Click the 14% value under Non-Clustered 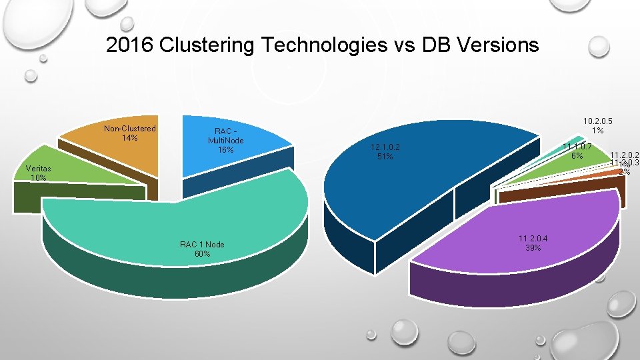(x=130, y=138)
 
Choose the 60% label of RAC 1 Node (x=202, y=254)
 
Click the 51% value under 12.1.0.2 (x=385, y=157)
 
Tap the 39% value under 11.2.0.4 (x=533, y=248)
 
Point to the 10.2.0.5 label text (x=597, y=121)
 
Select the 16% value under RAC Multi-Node (x=225, y=150)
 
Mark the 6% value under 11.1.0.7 (x=577, y=156)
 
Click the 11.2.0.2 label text (x=625, y=153)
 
